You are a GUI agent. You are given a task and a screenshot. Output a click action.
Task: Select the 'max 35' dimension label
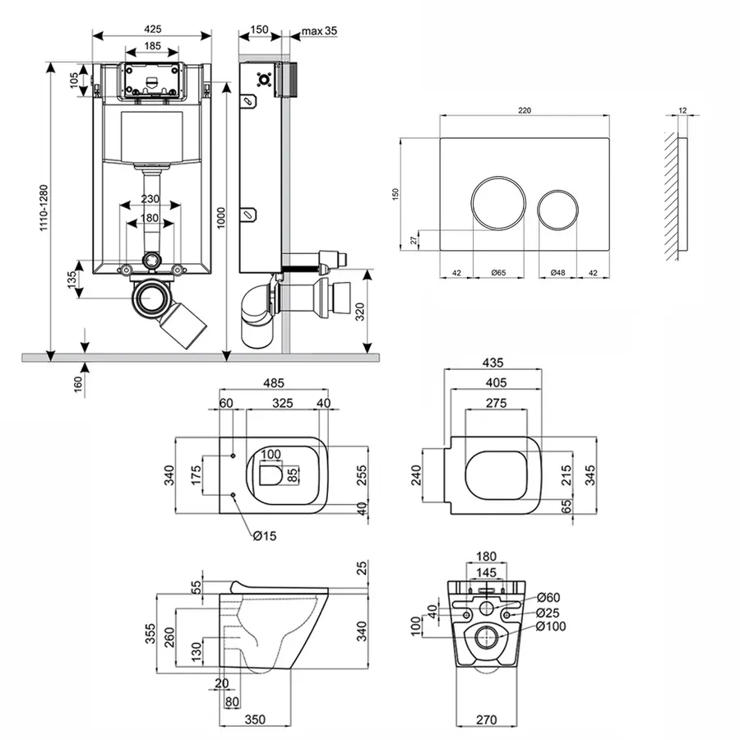pyautogui.click(x=320, y=31)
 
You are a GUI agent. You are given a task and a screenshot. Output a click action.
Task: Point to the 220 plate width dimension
pyautogui.click(x=525, y=109)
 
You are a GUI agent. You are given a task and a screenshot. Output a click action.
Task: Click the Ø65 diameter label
pyautogui.click(x=499, y=273)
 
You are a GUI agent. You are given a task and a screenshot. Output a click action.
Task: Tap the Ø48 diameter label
pyautogui.click(x=558, y=273)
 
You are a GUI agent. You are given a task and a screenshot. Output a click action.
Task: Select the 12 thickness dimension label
pyautogui.click(x=683, y=109)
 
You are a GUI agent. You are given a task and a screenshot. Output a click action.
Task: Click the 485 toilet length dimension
pyautogui.click(x=274, y=383)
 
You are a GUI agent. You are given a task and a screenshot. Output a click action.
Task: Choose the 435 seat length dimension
pyautogui.click(x=493, y=363)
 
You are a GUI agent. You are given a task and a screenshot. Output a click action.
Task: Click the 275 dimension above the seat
pyautogui.click(x=494, y=403)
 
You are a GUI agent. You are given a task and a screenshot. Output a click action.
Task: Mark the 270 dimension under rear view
pyautogui.click(x=488, y=720)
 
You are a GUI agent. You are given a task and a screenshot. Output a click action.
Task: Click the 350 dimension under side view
pyautogui.click(x=255, y=719)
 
